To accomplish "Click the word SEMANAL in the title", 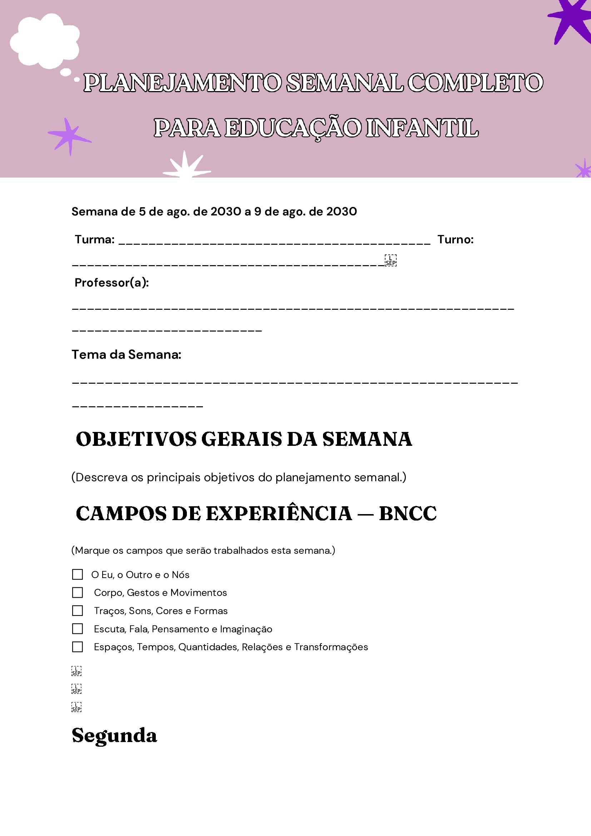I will point(344,83).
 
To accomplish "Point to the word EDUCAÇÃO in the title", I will point(293,128).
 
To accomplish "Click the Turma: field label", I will point(95,240).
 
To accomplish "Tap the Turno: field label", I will point(455,240).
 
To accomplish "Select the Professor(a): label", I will point(111,283).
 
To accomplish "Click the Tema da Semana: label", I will point(126,354).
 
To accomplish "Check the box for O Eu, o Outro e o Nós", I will point(78,574).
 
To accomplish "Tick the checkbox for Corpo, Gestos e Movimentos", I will point(78,592).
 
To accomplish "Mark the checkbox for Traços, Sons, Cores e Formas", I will point(78,611).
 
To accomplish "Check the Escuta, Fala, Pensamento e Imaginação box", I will point(78,629).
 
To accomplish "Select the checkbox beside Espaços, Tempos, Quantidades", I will point(78,647).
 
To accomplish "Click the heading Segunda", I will point(114,735).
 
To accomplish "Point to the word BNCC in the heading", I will point(407,513).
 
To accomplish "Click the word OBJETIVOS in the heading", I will point(136,439).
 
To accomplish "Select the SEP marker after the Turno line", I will point(390,260).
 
